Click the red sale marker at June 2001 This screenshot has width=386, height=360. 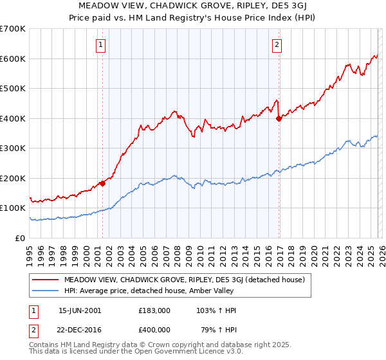102,183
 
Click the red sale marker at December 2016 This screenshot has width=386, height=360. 279,118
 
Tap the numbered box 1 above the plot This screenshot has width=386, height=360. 102,44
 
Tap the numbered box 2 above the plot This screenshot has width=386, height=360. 277,44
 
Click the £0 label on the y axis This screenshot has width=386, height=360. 21,238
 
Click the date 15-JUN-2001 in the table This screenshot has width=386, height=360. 80,310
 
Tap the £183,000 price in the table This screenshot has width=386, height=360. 154,310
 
